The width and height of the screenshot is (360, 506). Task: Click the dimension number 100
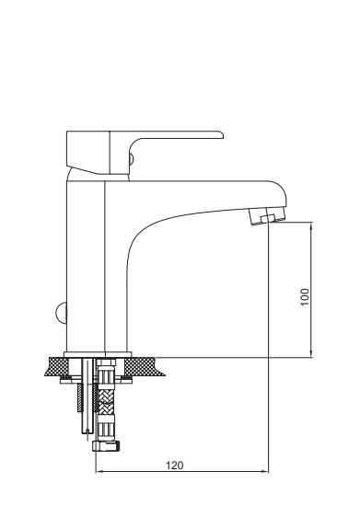click(305, 297)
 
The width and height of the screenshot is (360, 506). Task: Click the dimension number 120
click(174, 465)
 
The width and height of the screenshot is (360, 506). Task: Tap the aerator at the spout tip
click(268, 216)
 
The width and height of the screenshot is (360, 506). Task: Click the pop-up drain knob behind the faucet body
click(61, 313)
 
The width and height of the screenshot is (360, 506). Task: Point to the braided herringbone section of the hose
click(106, 402)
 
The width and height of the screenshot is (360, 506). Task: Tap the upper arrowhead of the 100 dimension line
click(311, 225)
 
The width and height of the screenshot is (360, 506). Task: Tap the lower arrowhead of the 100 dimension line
click(311, 353)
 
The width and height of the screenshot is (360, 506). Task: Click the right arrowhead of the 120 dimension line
click(264, 471)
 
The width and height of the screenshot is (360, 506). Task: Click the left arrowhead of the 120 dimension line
click(99, 471)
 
